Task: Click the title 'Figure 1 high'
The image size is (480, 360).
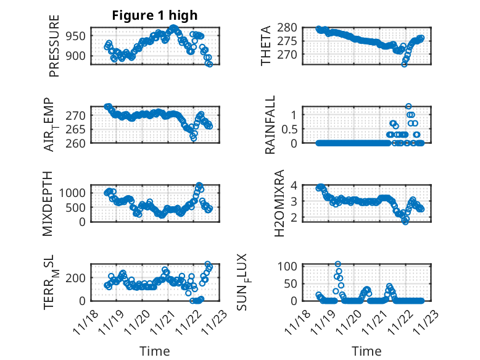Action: point(154,16)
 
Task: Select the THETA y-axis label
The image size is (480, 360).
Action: point(266,45)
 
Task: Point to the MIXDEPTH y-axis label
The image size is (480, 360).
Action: point(48,203)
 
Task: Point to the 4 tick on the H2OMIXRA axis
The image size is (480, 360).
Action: point(296,185)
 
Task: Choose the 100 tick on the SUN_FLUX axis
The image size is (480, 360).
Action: point(290,266)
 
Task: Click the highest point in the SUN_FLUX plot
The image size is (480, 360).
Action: point(338,264)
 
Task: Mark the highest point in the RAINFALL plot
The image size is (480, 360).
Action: point(408,106)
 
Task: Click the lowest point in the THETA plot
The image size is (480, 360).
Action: point(405,64)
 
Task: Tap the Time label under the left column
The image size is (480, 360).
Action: point(155,351)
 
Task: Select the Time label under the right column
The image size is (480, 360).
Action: point(366,351)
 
